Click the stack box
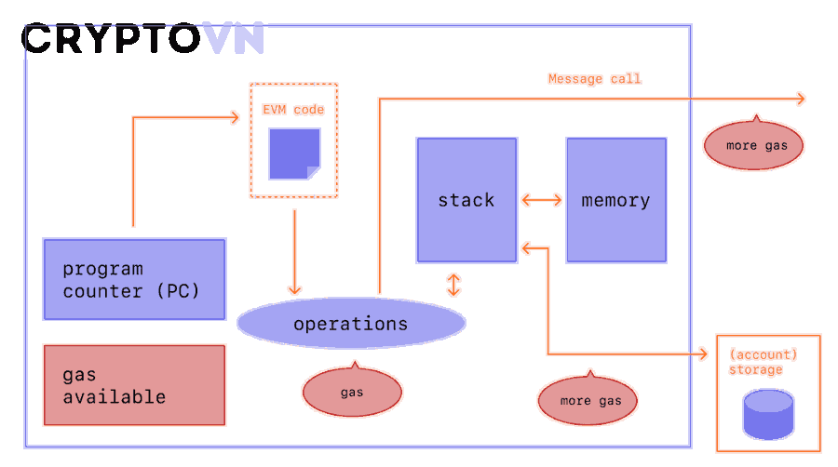tap(466, 200)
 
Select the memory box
tap(616, 200)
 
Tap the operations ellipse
tap(351, 323)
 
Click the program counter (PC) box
tap(135, 279)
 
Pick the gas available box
tap(135, 385)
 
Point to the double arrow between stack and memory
tap(541, 200)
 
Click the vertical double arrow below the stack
tap(453, 285)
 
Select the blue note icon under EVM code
tap(294, 153)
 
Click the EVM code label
tap(293, 110)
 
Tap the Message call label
tap(595, 79)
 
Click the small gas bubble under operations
tap(352, 391)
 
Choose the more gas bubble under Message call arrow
tap(753, 143)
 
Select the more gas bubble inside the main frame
tap(588, 398)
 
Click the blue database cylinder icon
tap(768, 415)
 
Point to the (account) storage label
tap(764, 362)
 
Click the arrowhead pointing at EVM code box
tap(234, 117)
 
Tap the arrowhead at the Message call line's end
tap(801, 99)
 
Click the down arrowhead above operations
tap(294, 290)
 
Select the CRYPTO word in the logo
tap(111, 38)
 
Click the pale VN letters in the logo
tap(234, 38)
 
